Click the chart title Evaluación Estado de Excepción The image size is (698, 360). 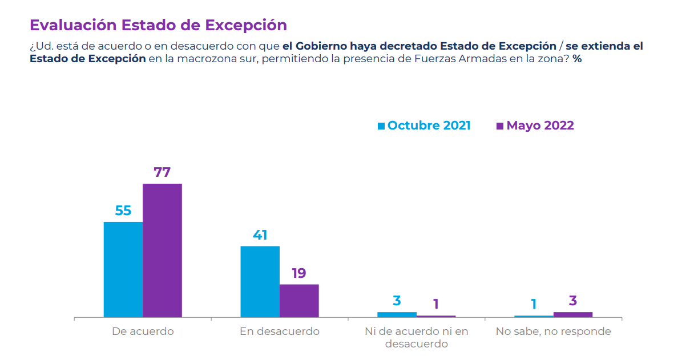(158, 25)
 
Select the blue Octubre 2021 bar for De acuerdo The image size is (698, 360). (123, 269)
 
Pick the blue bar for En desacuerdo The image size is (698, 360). (260, 281)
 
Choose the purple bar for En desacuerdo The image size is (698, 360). (299, 301)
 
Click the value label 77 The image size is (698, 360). (162, 172)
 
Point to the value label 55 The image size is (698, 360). (123, 211)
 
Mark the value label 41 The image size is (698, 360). (260, 235)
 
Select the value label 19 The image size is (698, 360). (299, 273)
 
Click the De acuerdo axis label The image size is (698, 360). (143, 331)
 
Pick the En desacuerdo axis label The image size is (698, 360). (280, 331)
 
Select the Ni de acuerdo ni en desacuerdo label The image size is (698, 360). (416, 337)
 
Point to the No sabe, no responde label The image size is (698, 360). (553, 331)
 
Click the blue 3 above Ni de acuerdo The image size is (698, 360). (397, 301)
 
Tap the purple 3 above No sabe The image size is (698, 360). (573, 301)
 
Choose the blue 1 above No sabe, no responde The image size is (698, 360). (534, 304)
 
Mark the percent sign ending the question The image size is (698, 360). (578, 59)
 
